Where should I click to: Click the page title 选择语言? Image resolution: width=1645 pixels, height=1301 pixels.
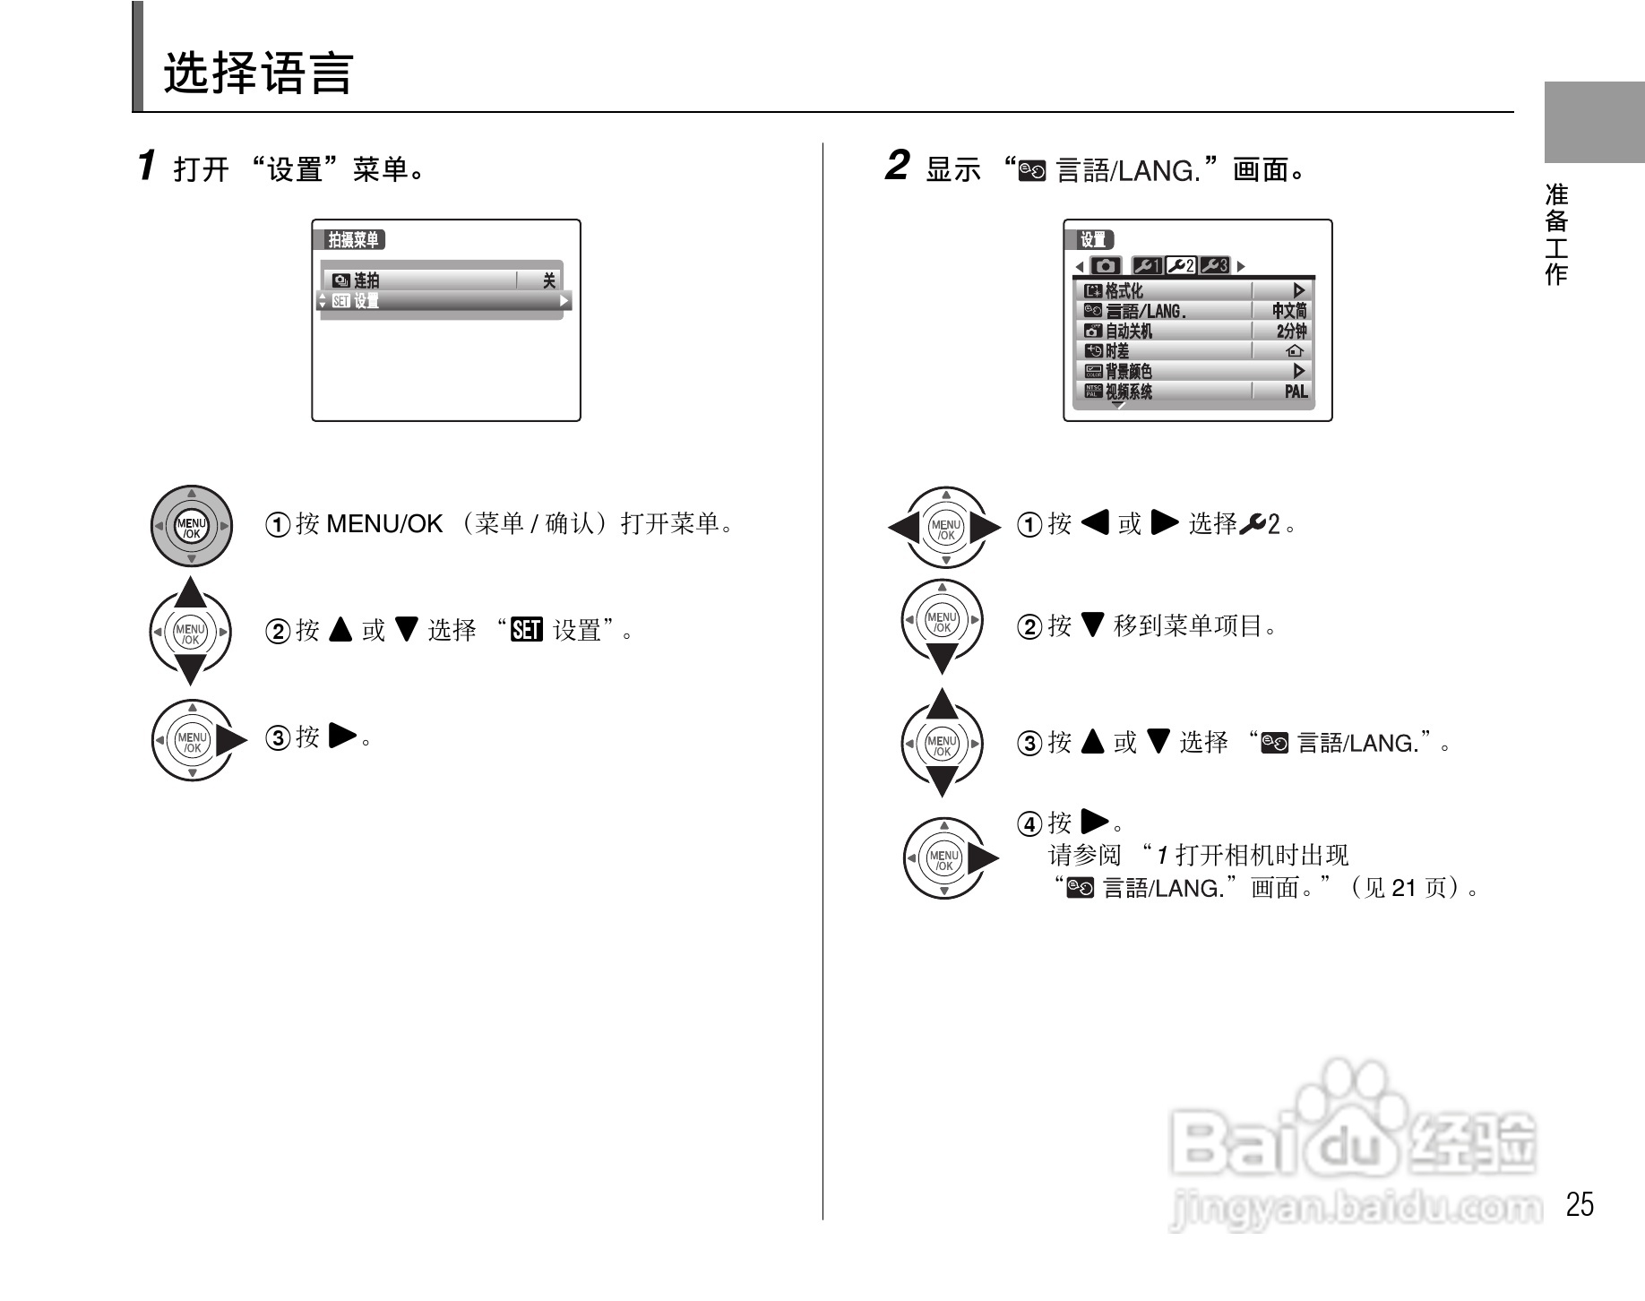(x=258, y=73)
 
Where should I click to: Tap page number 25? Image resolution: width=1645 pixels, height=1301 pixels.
(x=1579, y=1204)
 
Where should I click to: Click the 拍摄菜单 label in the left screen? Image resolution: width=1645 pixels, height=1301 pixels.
(x=353, y=240)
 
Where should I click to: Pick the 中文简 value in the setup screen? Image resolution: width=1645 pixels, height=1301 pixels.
(x=1288, y=311)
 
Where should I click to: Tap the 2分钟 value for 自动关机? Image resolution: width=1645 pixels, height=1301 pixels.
(x=1291, y=331)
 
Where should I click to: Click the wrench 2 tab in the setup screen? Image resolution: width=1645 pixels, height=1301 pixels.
(x=1181, y=266)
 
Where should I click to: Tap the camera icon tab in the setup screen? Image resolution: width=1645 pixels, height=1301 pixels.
(x=1106, y=266)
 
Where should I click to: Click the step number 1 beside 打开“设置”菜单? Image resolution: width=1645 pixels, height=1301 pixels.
(x=147, y=166)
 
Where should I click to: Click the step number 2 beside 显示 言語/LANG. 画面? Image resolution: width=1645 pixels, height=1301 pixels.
(x=896, y=166)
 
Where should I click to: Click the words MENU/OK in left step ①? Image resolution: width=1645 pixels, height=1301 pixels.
(x=384, y=524)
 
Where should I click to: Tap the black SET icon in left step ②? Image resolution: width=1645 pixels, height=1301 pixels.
(x=526, y=631)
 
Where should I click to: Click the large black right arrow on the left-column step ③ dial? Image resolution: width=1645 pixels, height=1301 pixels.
(x=231, y=740)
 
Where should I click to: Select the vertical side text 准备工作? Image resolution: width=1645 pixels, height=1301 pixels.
(x=1556, y=234)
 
